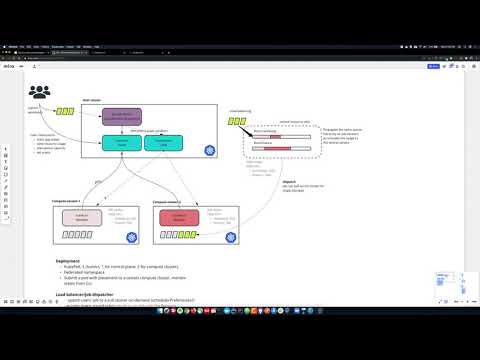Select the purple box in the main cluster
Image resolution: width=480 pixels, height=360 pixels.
coord(124,118)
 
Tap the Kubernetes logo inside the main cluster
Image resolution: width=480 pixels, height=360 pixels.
coord(209,150)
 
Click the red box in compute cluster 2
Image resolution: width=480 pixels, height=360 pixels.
coord(174,217)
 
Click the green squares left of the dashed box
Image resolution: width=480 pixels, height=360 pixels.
coord(236,122)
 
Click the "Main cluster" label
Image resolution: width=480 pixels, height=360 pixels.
coord(91,100)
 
